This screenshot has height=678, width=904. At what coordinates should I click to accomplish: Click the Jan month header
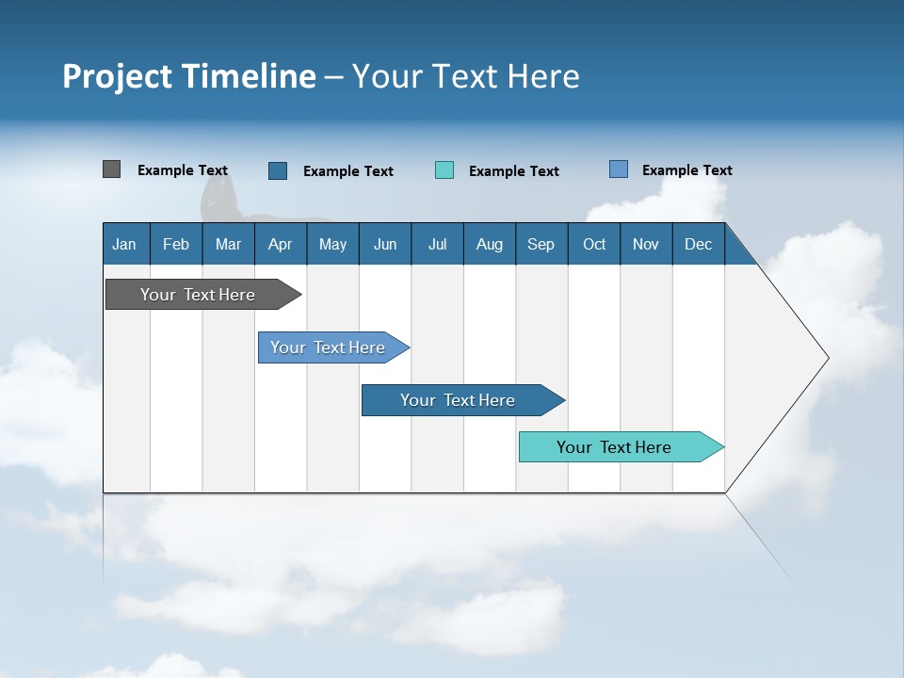tap(124, 244)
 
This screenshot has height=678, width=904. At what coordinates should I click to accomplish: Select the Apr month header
tap(280, 244)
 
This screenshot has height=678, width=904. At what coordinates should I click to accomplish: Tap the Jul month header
tap(437, 244)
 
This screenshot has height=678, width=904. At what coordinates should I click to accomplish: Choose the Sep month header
tap(541, 244)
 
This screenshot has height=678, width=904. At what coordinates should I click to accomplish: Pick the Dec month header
tap(698, 244)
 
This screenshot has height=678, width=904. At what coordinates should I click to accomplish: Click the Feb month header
tap(176, 244)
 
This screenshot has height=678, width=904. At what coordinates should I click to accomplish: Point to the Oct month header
tap(594, 244)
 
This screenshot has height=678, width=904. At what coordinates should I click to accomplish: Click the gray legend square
tap(111, 169)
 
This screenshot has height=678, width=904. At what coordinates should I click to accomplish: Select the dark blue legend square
tap(278, 170)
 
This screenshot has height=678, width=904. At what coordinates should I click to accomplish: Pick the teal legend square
tap(444, 170)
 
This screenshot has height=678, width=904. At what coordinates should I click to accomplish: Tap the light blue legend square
tap(619, 169)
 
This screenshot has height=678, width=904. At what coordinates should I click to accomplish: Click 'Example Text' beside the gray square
tap(183, 170)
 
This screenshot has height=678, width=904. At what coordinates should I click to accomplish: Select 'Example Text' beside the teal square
tap(514, 171)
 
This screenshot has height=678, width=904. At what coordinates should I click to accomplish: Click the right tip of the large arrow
tap(826, 358)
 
